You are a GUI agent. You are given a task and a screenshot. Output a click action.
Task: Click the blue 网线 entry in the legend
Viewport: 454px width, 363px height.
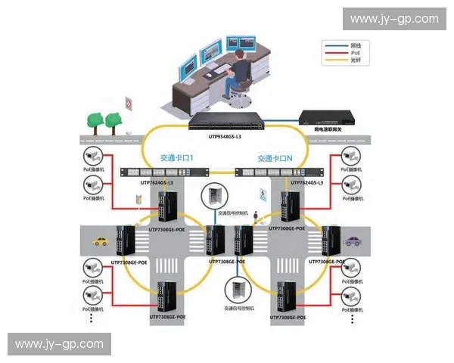(x=353, y=45)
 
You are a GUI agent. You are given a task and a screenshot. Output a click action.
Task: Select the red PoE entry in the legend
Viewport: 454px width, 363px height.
(x=353, y=53)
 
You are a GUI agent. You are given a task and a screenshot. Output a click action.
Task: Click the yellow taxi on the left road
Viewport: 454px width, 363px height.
(x=101, y=242)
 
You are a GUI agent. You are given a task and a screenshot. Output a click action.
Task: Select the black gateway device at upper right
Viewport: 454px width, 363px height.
(x=327, y=116)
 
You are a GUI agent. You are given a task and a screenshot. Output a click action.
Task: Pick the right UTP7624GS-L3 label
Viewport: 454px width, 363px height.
(x=306, y=183)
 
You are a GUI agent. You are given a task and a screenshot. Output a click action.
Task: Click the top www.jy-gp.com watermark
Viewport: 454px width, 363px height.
(x=393, y=19)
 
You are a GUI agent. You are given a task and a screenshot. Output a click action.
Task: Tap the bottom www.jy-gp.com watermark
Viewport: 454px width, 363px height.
(x=60, y=344)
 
